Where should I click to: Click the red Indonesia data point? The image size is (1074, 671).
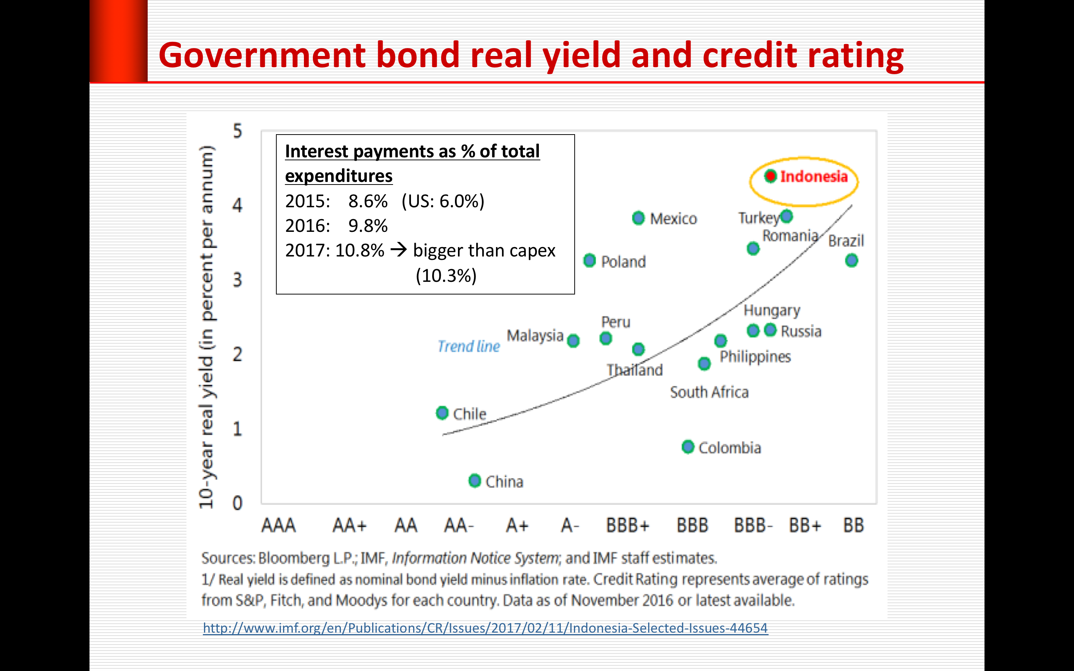coord(770,176)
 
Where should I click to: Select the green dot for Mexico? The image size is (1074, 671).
coord(638,218)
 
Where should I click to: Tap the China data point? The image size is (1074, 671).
coord(475,481)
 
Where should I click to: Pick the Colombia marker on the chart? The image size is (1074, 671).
coord(688,447)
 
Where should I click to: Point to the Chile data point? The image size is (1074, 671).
coord(442,413)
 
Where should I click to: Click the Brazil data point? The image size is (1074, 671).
coord(851,261)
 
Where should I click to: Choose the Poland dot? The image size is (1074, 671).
coord(589,261)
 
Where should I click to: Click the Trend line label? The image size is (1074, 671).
coord(469,346)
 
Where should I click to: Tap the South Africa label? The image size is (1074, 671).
coord(709,392)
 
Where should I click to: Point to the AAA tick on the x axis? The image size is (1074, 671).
coord(278,526)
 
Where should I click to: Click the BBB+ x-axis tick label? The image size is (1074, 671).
coord(628,526)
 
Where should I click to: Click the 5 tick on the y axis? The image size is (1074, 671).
coord(238,131)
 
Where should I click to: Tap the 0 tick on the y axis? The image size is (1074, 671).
coord(238,503)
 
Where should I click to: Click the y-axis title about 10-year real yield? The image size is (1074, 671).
coord(206,327)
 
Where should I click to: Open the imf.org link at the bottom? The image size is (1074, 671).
coord(485,628)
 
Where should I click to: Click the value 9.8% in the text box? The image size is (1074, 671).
coord(368,226)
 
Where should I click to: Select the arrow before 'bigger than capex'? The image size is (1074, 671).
coord(399,250)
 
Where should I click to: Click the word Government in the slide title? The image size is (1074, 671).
coord(262,56)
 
